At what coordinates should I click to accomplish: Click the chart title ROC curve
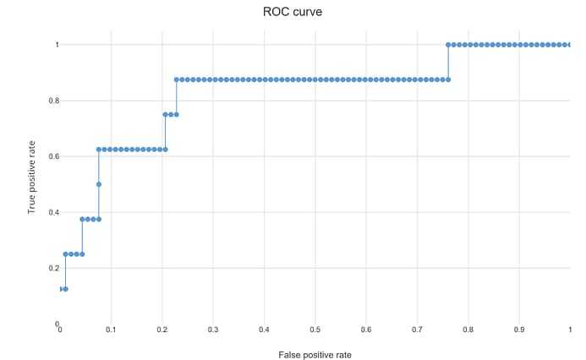tap(293, 13)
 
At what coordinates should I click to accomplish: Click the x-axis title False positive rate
tap(315, 355)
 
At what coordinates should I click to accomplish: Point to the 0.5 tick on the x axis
tap(315, 330)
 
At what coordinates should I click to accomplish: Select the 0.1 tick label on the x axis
tap(111, 330)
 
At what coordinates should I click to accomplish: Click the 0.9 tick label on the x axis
tap(518, 330)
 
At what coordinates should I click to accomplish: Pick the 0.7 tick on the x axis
tap(417, 330)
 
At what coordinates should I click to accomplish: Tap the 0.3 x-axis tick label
tap(213, 330)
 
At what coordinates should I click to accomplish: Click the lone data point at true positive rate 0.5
tap(99, 184)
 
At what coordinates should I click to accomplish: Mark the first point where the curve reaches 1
tap(448, 44)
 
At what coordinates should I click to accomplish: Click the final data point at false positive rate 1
tap(569, 44)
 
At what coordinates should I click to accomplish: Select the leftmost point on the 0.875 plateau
tap(177, 79)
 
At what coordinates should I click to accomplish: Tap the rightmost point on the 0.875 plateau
tap(448, 79)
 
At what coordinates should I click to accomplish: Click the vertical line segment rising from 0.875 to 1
tap(448, 62)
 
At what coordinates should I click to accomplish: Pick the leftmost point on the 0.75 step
tap(165, 114)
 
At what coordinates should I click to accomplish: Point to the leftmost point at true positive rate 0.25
tap(65, 254)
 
